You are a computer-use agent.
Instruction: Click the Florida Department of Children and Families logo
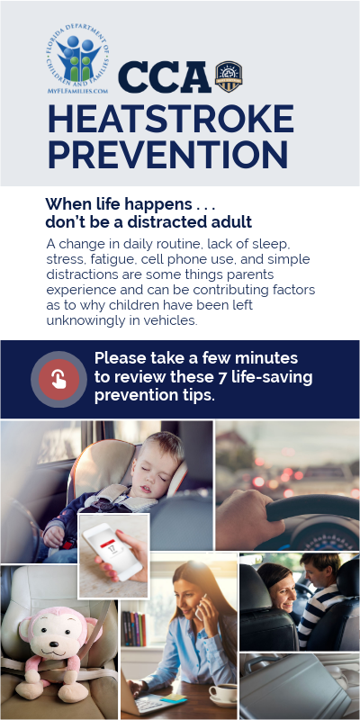point(77,58)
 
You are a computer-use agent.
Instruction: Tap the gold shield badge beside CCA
point(229,76)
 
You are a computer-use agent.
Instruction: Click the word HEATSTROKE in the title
point(171,119)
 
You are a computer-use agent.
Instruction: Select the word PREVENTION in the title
point(168,154)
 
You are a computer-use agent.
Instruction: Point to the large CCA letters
point(165,77)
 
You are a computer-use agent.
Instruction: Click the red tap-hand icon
point(58,379)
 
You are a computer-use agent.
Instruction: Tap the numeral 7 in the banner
point(222,377)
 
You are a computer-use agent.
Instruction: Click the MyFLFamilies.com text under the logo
point(77,91)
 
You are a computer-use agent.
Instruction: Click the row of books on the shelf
point(133,628)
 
